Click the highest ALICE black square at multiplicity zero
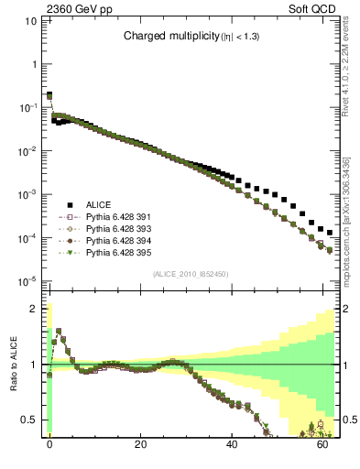(x=49, y=94)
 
